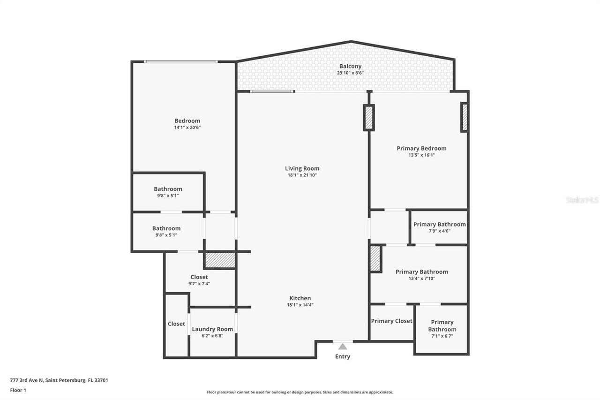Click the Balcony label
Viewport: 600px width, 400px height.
tap(350, 66)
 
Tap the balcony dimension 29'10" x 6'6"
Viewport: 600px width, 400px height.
tap(350, 73)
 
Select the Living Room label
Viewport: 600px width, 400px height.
tap(302, 168)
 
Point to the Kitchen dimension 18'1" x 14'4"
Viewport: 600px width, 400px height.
tap(300, 305)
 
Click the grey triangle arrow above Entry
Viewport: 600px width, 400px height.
tap(343, 347)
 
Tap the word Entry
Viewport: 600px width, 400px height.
tap(343, 356)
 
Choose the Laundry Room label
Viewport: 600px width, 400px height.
tap(212, 329)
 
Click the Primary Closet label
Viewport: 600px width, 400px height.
tap(391, 321)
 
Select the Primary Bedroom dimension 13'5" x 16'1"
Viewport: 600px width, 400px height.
tap(421, 155)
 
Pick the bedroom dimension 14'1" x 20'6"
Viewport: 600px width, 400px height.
tap(187, 127)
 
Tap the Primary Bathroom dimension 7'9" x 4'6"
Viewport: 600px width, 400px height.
tap(439, 231)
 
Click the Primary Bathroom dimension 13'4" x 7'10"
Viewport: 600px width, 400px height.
tap(421, 278)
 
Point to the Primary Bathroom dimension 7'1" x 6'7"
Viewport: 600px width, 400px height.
tap(442, 336)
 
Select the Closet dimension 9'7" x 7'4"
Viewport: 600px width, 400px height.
tap(199, 283)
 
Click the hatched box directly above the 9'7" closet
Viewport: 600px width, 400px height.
tap(219, 260)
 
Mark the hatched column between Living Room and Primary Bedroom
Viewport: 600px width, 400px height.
tap(369, 118)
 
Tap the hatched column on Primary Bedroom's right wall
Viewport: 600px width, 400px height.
tap(465, 117)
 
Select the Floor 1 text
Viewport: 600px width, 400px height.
tap(18, 390)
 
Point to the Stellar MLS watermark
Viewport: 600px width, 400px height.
tap(582, 200)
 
